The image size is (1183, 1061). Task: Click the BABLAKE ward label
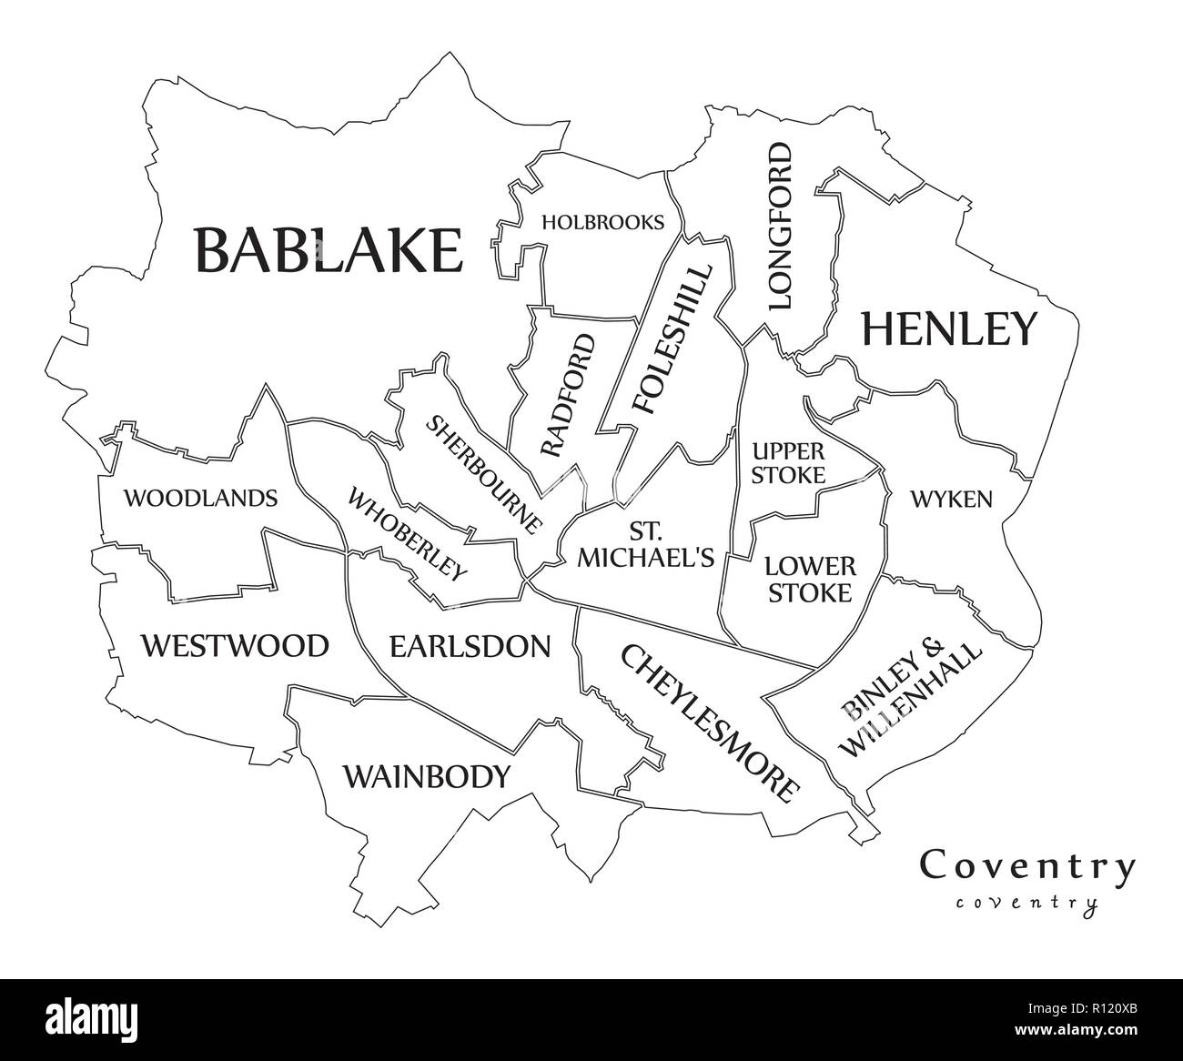click(x=329, y=250)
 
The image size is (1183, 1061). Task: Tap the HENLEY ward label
click(x=948, y=328)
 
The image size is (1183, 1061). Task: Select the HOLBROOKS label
click(x=602, y=222)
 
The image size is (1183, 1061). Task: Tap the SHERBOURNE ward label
click(x=485, y=474)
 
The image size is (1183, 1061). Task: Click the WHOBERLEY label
click(x=407, y=534)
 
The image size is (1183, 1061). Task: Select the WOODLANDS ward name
click(x=200, y=498)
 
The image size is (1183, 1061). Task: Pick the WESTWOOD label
click(x=234, y=646)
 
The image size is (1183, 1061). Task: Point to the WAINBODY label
click(x=426, y=777)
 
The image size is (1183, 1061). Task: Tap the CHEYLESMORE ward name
click(x=710, y=721)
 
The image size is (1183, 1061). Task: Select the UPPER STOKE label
click(x=788, y=462)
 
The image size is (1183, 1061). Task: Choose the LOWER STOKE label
click(x=809, y=580)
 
